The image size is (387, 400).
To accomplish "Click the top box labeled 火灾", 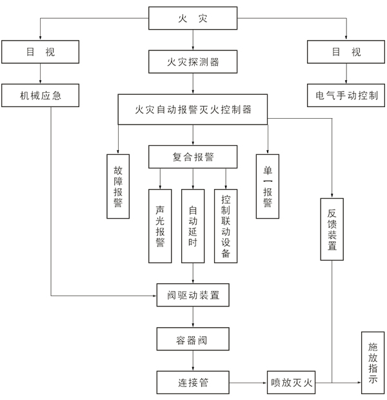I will (193, 19).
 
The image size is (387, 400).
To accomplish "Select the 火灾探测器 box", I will (193, 63).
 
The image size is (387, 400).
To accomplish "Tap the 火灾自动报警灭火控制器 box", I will (193, 110).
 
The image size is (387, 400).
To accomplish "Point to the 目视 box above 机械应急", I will (41, 51).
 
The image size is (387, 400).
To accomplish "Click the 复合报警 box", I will (193, 156).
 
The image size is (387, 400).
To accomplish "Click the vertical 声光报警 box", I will (160, 226).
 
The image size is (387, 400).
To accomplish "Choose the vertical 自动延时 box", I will (193, 226).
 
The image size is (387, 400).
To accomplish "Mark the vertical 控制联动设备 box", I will (226, 226).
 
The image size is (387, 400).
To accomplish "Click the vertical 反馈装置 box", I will (332, 229).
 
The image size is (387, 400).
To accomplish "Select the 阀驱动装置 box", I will (193, 296).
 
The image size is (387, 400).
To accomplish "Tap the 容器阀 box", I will (193, 339).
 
